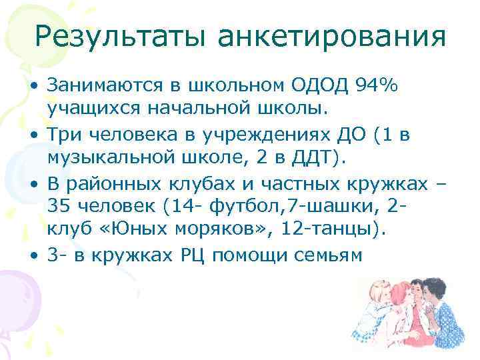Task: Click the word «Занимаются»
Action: (x=110, y=86)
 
